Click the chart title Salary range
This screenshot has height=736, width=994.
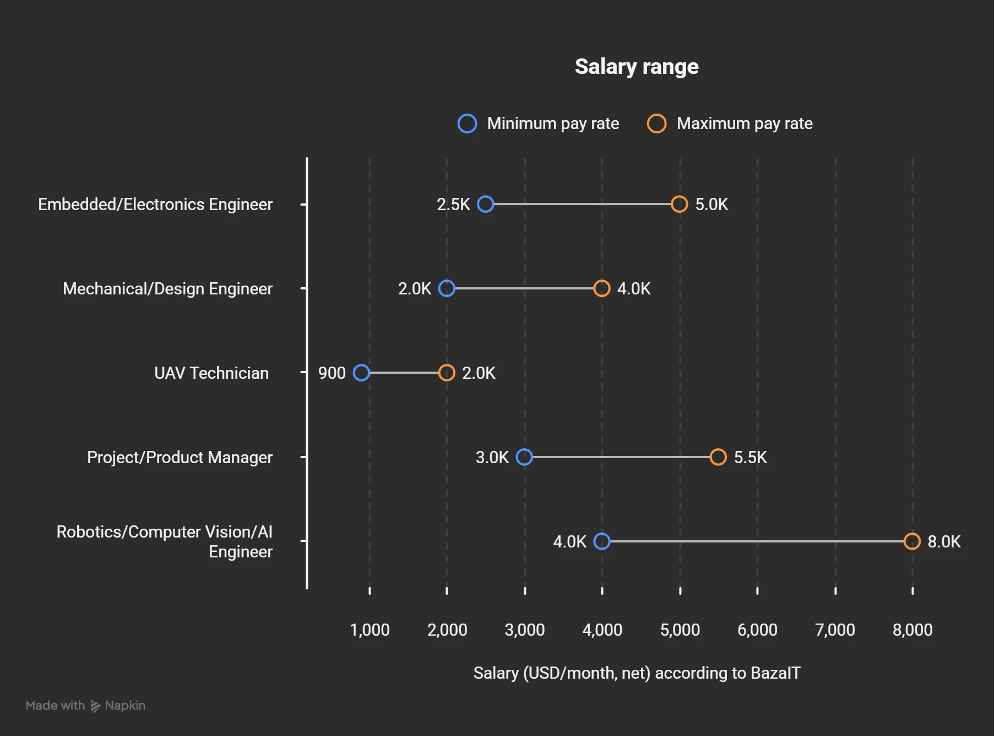point(637,67)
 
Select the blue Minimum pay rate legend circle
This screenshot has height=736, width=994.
point(467,123)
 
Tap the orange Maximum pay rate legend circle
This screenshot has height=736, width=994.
point(656,123)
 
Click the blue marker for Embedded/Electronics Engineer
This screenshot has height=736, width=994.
point(485,204)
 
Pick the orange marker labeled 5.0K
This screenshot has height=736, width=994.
point(680,204)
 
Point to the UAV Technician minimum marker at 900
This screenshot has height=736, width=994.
point(361,373)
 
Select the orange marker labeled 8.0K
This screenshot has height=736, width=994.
point(912,541)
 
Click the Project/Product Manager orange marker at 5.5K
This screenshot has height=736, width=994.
point(718,457)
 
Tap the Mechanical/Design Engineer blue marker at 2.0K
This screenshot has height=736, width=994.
point(447,288)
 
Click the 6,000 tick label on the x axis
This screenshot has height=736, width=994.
point(757,630)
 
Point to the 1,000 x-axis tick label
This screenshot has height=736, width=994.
point(370,630)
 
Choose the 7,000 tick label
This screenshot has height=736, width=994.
point(835,630)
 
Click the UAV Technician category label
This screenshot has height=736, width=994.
point(211,373)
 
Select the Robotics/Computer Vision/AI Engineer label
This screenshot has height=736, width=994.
point(165,541)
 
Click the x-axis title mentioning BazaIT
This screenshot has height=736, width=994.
point(637,673)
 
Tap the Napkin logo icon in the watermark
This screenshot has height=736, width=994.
point(95,706)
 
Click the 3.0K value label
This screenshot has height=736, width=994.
point(492,458)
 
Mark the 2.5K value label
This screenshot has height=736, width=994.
point(453,205)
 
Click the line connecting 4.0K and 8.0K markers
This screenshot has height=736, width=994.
point(757,541)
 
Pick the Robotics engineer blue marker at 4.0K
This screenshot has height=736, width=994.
point(602,541)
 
